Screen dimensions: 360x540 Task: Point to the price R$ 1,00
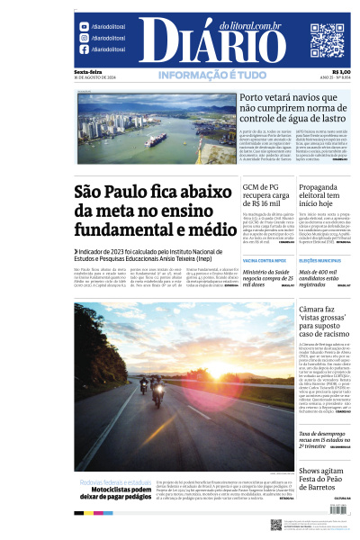(341, 72)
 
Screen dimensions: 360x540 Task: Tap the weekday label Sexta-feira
(87, 72)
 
